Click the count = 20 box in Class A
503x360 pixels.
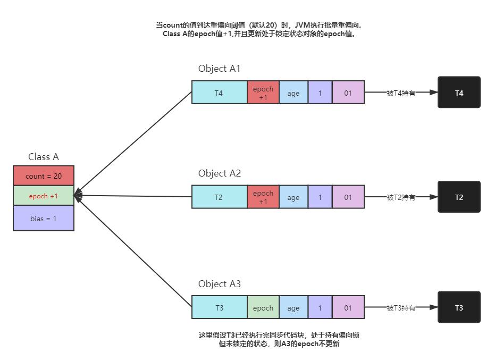[44, 175]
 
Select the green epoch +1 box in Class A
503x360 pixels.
[44, 196]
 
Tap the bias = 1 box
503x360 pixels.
[44, 218]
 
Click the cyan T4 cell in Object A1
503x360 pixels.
[219, 93]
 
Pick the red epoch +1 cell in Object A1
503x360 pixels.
[263, 93]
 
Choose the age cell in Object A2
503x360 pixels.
[294, 197]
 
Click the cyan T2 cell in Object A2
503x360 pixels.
[219, 197]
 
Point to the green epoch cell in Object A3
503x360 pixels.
[263, 307]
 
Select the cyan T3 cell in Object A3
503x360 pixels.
[219, 307]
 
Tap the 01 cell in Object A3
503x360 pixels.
[348, 307]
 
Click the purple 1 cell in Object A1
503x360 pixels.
[320, 93]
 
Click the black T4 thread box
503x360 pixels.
[459, 93]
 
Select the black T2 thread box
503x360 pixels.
[459, 197]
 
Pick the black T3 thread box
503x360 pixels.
[459, 307]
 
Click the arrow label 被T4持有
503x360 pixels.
[401, 93]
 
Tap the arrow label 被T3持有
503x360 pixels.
[401, 308]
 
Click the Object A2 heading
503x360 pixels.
[220, 173]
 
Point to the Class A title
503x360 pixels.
[44, 157]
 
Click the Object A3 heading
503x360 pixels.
[220, 284]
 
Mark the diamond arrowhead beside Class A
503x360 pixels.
[79, 195]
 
